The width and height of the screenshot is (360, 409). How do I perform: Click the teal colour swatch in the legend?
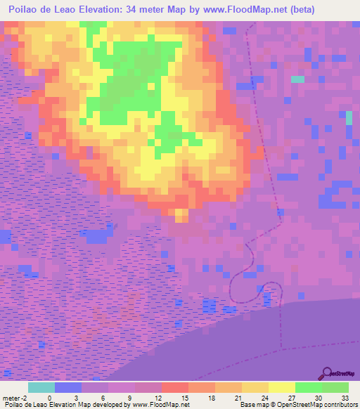click(x=41, y=387)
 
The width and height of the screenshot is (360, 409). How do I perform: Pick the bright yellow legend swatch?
click(x=282, y=387)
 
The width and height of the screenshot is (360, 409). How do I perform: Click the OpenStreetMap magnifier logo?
click(x=326, y=372)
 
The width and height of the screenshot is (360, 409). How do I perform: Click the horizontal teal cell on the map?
click(x=298, y=79)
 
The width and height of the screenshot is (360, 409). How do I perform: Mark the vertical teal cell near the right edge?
click(x=349, y=117)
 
